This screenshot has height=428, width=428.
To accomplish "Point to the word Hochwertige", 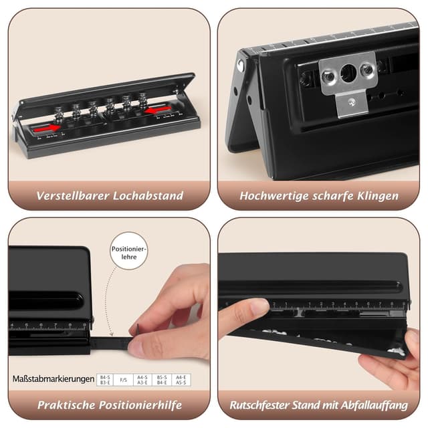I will tap(276, 197).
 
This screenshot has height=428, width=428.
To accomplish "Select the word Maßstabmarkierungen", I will tap(53, 379).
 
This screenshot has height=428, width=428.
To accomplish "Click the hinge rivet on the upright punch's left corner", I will tap(240, 65).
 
